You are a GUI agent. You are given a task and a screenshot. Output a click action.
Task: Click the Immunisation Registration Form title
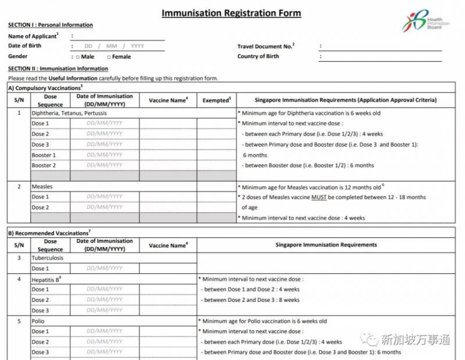(x=231, y=13)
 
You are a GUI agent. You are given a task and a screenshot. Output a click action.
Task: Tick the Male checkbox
(x=77, y=57)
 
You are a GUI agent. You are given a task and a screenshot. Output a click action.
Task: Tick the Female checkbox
(x=109, y=57)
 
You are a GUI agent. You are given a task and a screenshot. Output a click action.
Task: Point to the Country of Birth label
(x=258, y=56)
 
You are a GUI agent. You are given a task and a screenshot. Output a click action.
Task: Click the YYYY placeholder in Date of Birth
(x=137, y=46)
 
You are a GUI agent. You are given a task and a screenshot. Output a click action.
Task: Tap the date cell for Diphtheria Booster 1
(x=105, y=155)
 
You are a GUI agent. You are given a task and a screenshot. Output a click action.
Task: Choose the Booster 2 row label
(x=44, y=166)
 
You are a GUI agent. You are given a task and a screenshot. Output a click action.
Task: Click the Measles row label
(x=42, y=187)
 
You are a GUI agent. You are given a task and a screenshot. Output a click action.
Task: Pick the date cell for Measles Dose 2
(x=105, y=208)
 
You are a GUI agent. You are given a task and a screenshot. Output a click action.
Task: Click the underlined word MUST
(x=319, y=197)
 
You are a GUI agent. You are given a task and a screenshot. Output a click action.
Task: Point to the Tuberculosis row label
(x=48, y=258)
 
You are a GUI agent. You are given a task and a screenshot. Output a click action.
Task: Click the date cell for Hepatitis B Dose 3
(x=105, y=311)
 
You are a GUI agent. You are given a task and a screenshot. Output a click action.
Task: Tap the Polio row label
(x=38, y=321)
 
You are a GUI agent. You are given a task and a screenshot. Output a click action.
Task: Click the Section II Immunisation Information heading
(x=58, y=69)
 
